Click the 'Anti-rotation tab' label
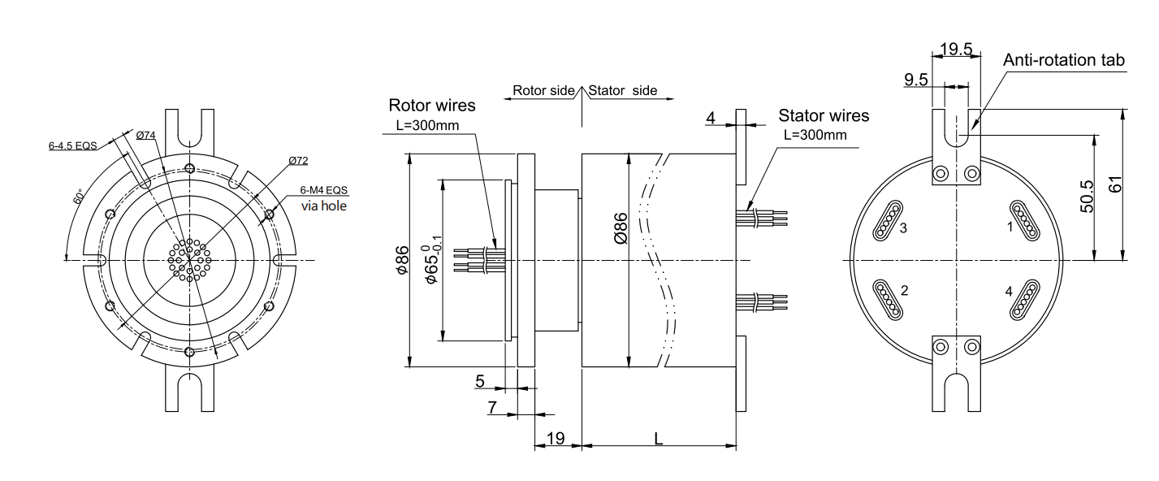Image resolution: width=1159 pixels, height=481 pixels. (1063, 60)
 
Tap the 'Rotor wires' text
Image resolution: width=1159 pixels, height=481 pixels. (432, 105)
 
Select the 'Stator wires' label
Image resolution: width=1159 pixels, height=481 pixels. (824, 115)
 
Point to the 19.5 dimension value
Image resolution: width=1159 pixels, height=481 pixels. (956, 49)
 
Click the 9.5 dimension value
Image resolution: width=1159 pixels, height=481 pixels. (916, 79)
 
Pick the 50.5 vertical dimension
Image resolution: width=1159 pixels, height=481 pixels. (1085, 197)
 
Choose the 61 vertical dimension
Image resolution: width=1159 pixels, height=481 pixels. (1116, 184)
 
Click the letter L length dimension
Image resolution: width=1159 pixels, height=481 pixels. (659, 437)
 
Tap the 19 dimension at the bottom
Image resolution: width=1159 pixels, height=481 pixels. (556, 438)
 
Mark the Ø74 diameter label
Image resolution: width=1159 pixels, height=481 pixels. (146, 135)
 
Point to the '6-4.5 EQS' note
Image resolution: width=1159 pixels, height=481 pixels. (72, 146)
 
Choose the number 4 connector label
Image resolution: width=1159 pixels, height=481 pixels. (1009, 291)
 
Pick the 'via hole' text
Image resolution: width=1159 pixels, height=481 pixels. (324, 206)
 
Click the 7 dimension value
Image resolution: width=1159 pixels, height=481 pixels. (492, 407)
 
